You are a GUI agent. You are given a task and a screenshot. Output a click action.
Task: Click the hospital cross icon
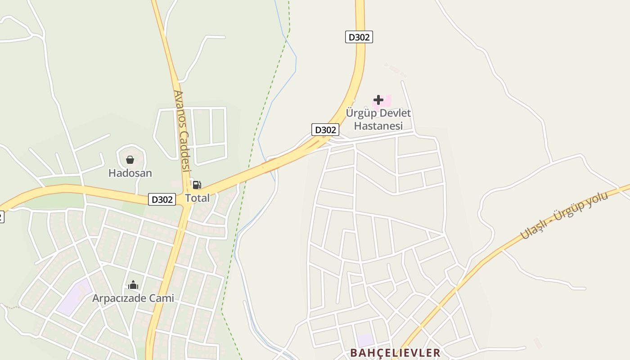pos(378,100)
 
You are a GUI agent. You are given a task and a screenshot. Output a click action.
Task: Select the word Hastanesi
pos(378,126)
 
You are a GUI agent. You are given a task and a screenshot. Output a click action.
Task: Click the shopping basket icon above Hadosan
pos(130,160)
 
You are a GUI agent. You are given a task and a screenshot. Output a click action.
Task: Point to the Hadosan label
pos(130,173)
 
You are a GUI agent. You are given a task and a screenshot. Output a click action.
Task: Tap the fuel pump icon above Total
pos(197,185)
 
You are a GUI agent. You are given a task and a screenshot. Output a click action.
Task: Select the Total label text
pos(198,198)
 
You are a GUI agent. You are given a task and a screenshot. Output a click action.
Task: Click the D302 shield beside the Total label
pos(162,199)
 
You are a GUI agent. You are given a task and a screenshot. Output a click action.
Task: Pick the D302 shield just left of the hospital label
pos(325,130)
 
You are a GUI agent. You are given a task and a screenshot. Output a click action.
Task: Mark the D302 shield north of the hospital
pos(359,37)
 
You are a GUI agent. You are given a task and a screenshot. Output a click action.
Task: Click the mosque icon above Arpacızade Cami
pos(133,285)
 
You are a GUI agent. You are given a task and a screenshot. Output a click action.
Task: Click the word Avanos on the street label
pos(179,110)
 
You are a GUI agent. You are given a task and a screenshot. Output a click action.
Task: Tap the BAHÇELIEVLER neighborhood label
pos(395,353)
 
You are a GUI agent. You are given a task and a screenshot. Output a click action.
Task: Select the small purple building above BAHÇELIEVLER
pos(365,340)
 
